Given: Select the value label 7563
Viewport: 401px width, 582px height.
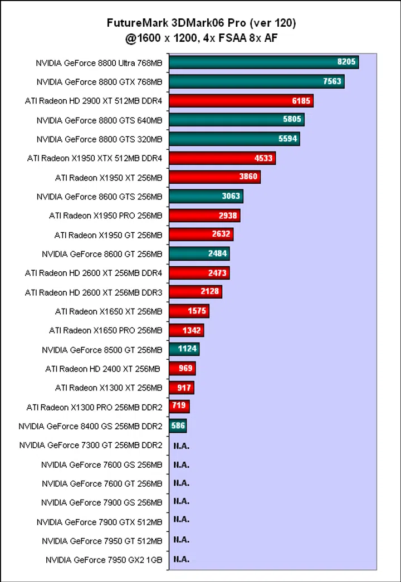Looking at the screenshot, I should click(x=333, y=81).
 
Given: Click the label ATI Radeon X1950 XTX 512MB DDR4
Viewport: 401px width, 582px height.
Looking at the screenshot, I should click(x=95, y=158).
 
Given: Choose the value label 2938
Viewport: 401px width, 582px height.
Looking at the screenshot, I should click(x=228, y=216).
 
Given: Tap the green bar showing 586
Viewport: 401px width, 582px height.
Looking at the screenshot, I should click(x=178, y=426).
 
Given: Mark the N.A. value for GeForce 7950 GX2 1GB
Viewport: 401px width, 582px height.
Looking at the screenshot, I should click(x=181, y=559).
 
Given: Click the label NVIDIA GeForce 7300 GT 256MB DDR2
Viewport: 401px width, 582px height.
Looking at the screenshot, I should click(x=90, y=445).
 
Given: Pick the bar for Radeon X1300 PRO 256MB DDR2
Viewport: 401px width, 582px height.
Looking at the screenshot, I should click(x=179, y=407).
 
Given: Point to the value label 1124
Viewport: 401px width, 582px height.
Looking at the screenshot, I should click(x=188, y=349).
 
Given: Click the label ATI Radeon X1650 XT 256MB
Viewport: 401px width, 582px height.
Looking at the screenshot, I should click(x=109, y=311).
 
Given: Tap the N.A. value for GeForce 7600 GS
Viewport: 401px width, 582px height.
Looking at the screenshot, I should click(x=181, y=464).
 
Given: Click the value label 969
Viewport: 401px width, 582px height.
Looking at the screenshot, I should click(x=185, y=368).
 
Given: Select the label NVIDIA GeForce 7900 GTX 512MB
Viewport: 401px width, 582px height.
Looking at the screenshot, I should click(x=100, y=522).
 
